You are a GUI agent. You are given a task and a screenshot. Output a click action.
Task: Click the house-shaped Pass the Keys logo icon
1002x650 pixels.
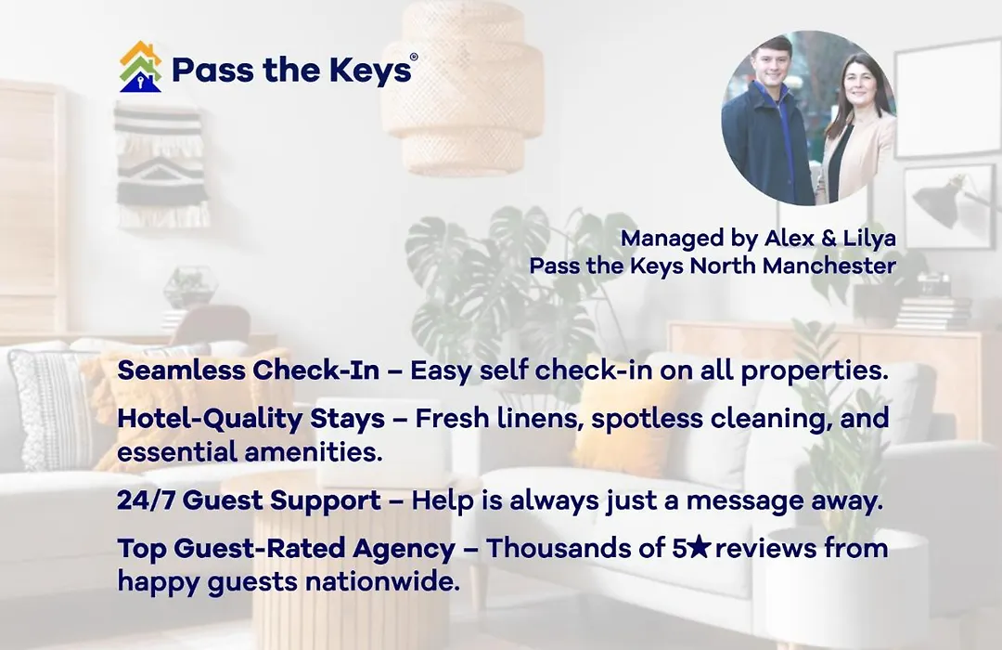pyautogui.click(x=141, y=67)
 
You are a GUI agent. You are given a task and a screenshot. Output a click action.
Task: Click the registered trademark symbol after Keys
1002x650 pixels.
pyautogui.click(x=414, y=57)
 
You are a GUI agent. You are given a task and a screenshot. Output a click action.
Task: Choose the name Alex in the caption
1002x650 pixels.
pyautogui.click(x=790, y=238)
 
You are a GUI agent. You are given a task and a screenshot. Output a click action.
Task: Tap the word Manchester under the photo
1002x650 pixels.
pyautogui.click(x=829, y=266)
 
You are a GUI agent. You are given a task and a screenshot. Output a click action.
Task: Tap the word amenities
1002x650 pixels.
pyautogui.click(x=314, y=452)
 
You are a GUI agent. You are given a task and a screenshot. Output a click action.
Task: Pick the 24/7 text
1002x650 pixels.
pyautogui.click(x=146, y=500)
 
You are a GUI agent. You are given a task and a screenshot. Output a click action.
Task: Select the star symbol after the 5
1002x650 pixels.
pyautogui.click(x=700, y=547)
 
